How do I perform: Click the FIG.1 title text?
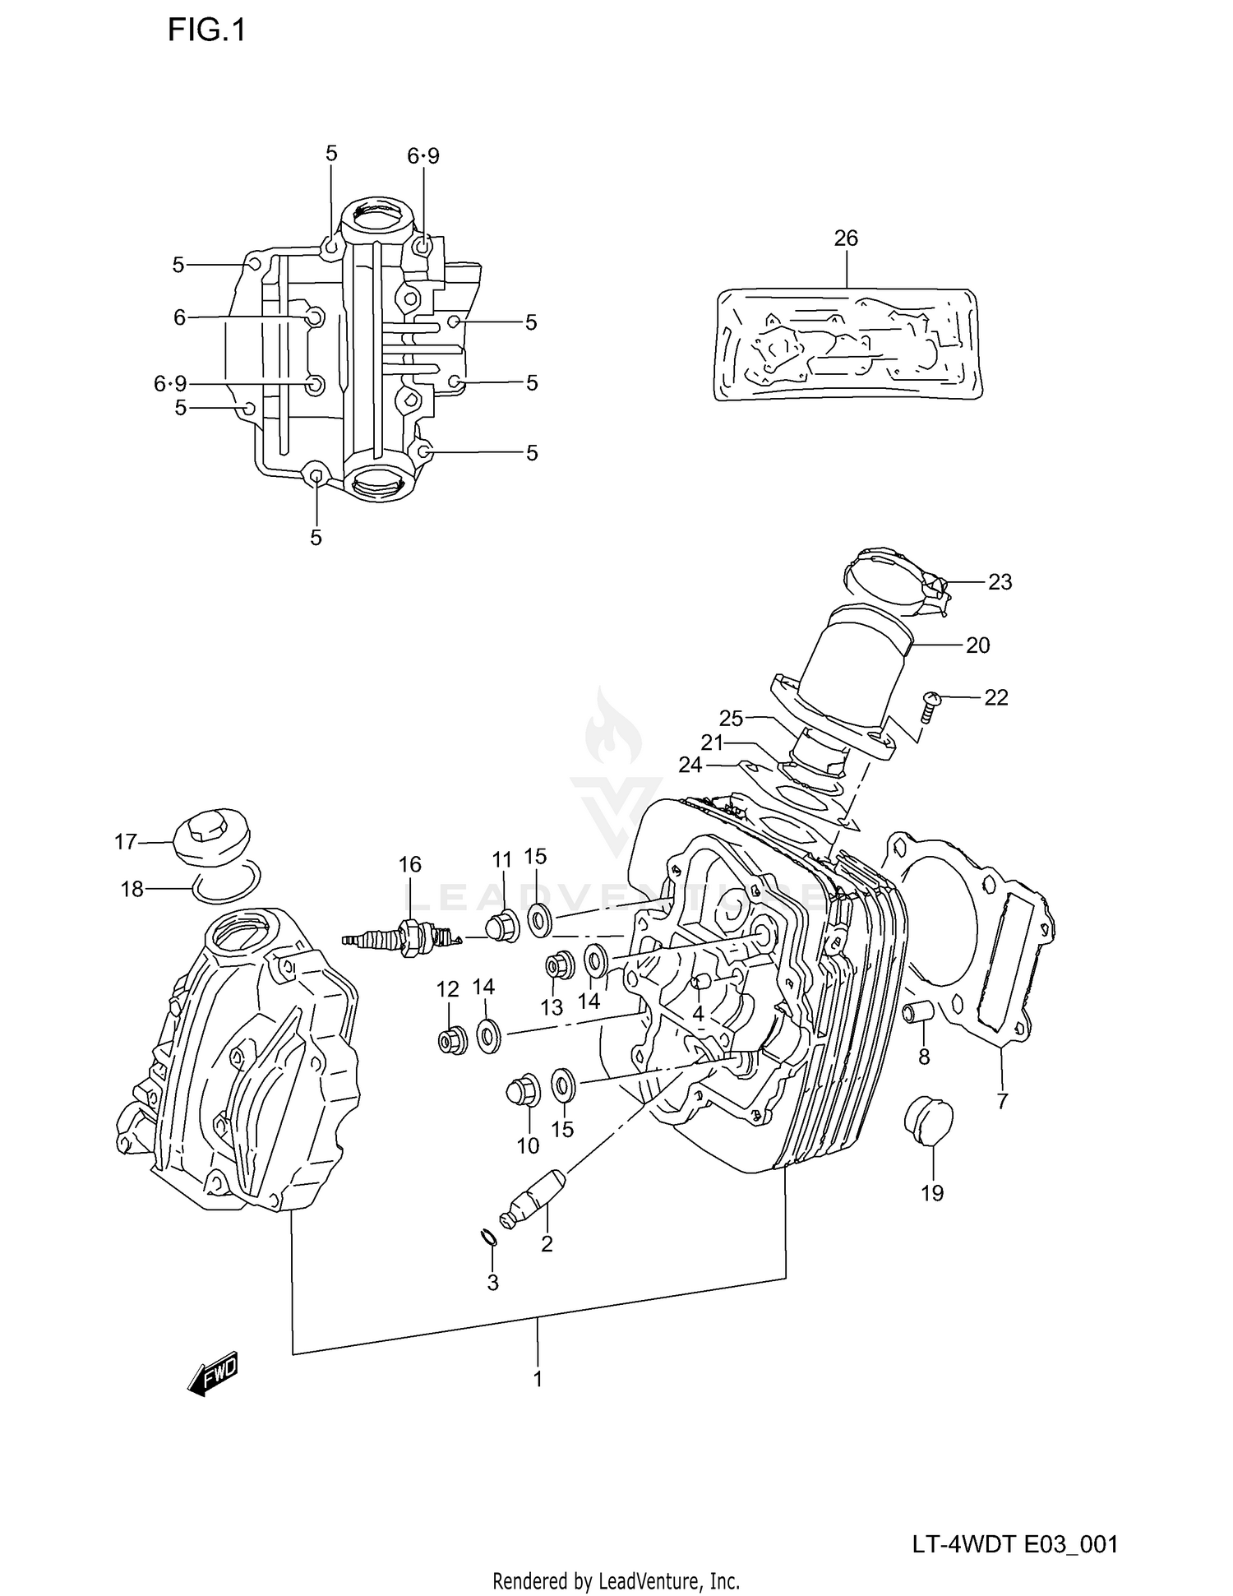pyautogui.click(x=206, y=30)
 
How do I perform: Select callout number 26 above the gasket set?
pyautogui.click(x=845, y=238)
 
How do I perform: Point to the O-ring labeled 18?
pyautogui.click(x=228, y=883)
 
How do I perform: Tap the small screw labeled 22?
pyautogui.click(x=930, y=706)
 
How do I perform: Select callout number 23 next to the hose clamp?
pyautogui.click(x=1000, y=582)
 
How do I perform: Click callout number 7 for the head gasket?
pyautogui.click(x=1002, y=1101)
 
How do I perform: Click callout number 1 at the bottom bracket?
pyautogui.click(x=538, y=1379)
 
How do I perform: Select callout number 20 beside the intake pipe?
pyautogui.click(x=977, y=645)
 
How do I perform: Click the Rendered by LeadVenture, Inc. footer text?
pyautogui.click(x=616, y=1580)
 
